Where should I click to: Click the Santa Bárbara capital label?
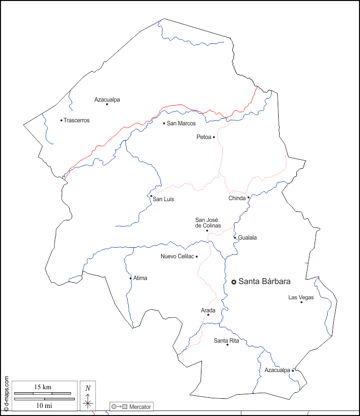click(264, 282)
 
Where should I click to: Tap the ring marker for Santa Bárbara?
click(234, 282)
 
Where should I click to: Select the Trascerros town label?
click(77, 120)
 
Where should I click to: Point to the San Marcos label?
click(181, 123)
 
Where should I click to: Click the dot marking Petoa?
click(214, 137)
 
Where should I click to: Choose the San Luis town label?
click(163, 200)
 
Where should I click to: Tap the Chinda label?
click(237, 198)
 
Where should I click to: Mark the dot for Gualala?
click(235, 237)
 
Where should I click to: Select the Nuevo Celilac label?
click(177, 256)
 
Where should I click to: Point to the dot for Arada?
click(208, 315)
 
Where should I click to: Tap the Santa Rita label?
click(226, 341)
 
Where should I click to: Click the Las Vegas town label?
click(301, 297)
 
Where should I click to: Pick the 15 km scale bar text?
click(43, 387)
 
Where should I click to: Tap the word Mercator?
click(140, 407)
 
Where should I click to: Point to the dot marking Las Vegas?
click(301, 302)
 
